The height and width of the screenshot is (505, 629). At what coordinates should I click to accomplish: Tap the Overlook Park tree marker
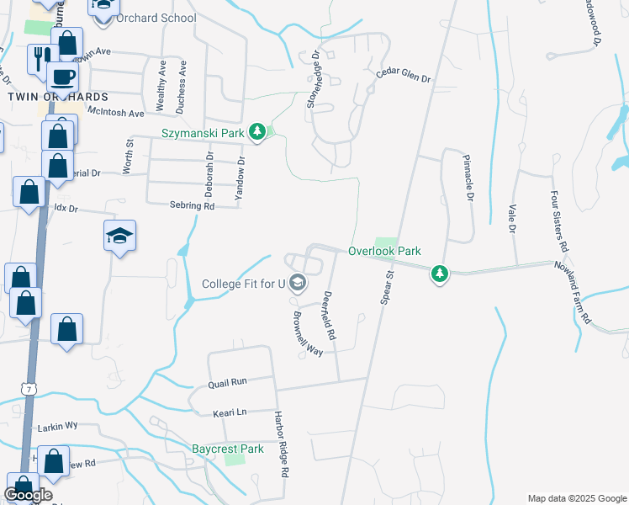click(x=438, y=274)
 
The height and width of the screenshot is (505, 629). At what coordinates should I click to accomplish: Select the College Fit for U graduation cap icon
click(x=296, y=283)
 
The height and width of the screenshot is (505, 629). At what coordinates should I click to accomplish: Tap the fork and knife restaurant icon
click(x=40, y=57)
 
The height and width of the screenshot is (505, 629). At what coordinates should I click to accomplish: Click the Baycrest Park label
click(x=227, y=449)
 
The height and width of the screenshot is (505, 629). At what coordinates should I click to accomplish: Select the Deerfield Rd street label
click(x=330, y=316)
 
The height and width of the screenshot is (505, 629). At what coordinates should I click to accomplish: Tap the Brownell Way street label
click(x=308, y=335)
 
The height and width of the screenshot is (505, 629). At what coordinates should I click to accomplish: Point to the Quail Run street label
click(x=227, y=382)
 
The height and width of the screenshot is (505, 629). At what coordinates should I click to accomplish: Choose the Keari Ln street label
click(x=229, y=412)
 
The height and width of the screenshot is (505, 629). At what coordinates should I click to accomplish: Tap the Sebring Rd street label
click(x=192, y=205)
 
